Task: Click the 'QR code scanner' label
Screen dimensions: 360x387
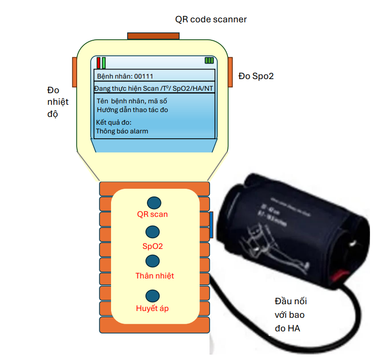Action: pos(211,19)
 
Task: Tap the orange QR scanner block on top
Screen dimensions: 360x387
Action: pos(153,36)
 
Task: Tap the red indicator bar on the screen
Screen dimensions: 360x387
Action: pos(98,63)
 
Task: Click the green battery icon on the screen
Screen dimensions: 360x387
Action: pos(209,61)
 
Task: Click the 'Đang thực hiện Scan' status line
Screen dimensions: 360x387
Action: pos(154,88)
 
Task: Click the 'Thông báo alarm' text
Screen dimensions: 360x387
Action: pos(122,131)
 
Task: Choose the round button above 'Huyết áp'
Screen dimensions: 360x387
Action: pos(153,295)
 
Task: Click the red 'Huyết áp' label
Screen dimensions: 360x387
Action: pos(152,309)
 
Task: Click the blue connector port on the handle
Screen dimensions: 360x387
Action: pos(211,225)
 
